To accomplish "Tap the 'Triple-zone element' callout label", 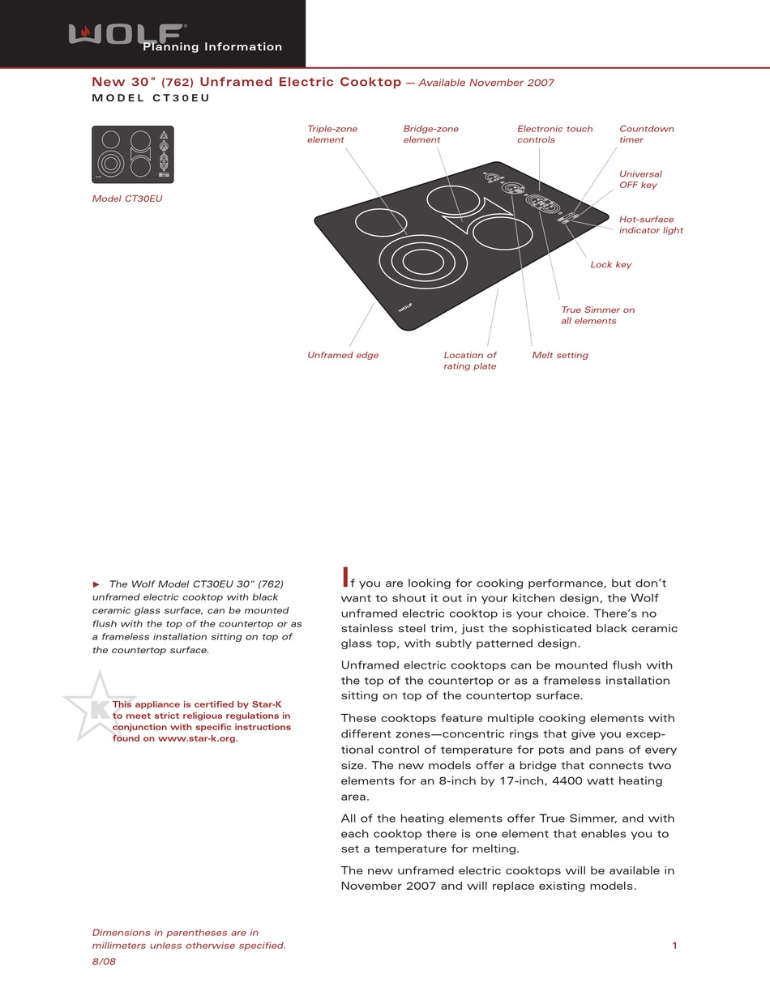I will click(332, 135).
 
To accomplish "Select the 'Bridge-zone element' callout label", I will click(430, 135).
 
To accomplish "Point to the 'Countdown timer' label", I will click(646, 135).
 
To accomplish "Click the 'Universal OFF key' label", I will click(640, 180).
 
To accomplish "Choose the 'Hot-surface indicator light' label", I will click(650, 225).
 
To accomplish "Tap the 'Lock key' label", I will click(610, 265).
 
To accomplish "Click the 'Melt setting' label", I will click(559, 355).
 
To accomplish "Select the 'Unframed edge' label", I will click(342, 355).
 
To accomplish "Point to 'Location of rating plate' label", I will click(469, 361).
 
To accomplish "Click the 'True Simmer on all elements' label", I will click(597, 315).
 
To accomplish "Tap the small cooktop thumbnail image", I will click(132, 154).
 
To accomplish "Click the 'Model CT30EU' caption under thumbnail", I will click(126, 199).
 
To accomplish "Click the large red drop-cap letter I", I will click(345, 578).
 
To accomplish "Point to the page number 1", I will click(674, 945).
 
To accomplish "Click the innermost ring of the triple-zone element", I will click(423, 261).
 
